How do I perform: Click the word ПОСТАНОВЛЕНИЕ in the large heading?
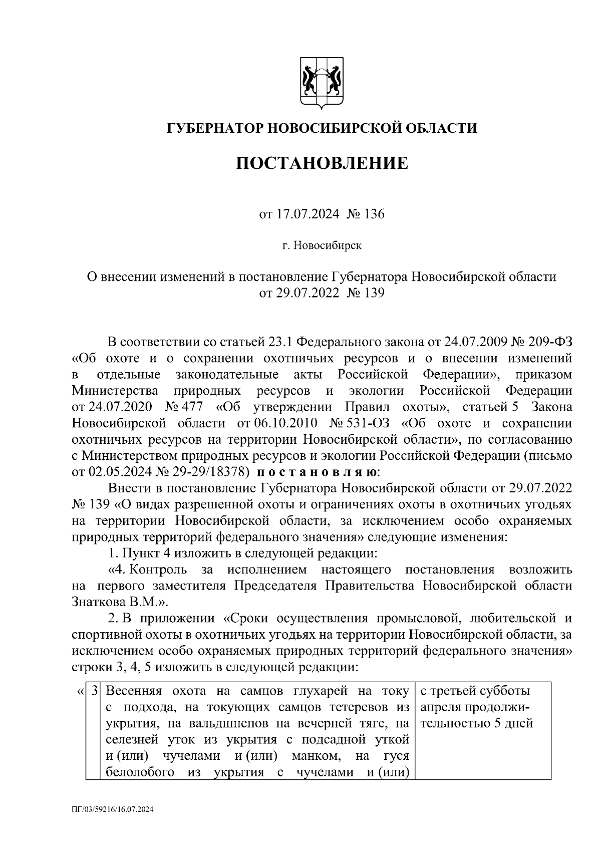[322, 163]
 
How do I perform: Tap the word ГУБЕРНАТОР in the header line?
[214, 128]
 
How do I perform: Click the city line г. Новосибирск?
[322, 246]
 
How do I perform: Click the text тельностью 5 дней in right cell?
[476, 723]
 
